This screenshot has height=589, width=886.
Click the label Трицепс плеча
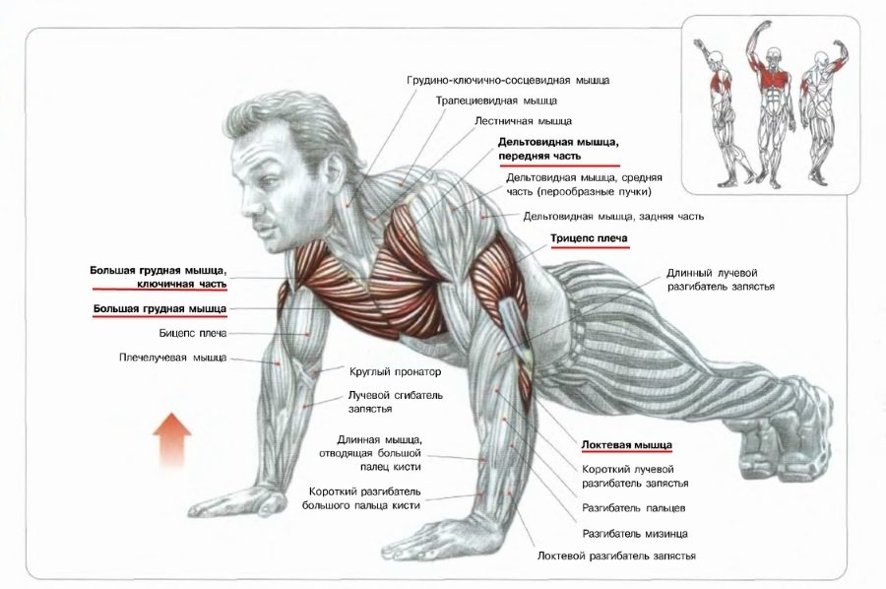coord(589,238)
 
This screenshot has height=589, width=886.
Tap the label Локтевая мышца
coord(627,445)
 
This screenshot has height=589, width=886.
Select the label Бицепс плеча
coord(193,334)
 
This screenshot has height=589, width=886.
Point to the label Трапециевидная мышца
coord(496,100)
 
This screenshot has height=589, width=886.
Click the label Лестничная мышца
coord(523,121)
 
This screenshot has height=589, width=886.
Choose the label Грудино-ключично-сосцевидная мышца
coord(508,80)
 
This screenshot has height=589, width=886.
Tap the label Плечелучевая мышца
coord(173,358)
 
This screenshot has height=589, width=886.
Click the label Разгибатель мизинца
coord(635,534)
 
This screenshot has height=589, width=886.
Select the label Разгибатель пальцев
coord(633,508)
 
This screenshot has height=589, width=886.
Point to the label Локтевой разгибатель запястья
coord(616,556)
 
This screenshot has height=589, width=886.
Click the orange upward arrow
coord(171,442)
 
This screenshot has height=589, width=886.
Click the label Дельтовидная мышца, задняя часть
coord(613,216)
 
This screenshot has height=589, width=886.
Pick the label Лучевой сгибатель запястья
coord(396,402)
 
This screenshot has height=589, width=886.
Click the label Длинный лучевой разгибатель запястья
coord(721,280)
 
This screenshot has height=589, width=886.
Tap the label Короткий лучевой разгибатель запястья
coord(635,477)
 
